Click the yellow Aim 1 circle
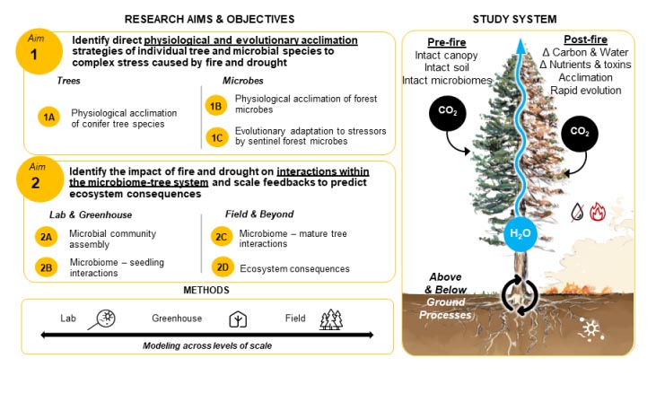39,51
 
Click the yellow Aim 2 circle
39,179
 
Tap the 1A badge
49,117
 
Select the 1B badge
216,105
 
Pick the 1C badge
216,137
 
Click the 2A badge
46,237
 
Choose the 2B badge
46,267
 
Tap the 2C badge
222,237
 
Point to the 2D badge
223,267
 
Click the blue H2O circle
520,233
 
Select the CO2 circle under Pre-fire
448,113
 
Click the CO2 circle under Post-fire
580,134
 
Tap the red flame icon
598,212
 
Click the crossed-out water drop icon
578,212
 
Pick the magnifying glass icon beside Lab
102,319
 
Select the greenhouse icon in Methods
238,319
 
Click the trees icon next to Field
331,319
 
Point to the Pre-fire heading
446,42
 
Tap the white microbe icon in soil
590,329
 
